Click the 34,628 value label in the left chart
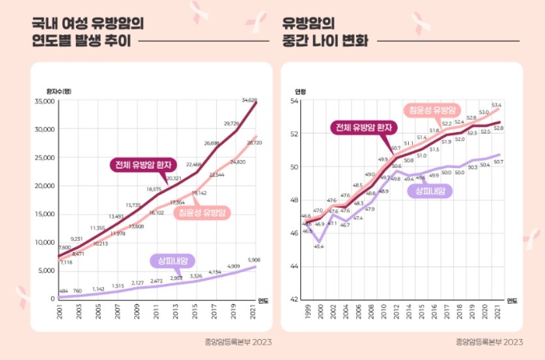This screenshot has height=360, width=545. coord(249,100)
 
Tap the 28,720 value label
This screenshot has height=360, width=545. coord(255,142)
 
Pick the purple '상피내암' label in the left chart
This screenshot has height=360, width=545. coord(173,260)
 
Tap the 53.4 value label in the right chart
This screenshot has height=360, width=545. coord(496,105)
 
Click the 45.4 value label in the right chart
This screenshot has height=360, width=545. coord(319,246)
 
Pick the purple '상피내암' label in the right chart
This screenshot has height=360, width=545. coord(429,190)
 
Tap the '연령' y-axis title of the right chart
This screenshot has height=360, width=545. coord(300,90)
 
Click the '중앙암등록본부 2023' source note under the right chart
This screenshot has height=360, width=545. coord(489,342)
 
